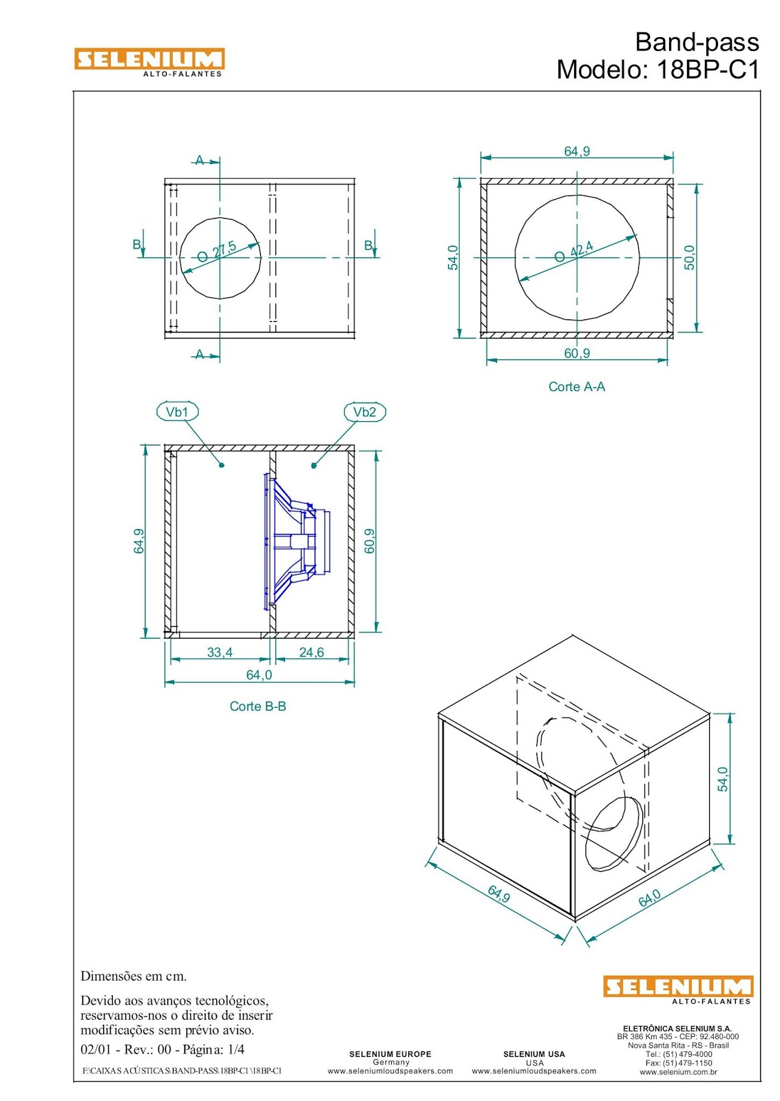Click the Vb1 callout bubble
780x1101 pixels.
click(178, 412)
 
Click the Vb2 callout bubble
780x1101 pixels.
click(364, 412)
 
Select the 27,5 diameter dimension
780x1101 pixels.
click(223, 249)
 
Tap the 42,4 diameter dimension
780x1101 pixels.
click(580, 249)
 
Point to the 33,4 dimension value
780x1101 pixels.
click(220, 652)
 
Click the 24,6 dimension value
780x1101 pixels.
click(311, 652)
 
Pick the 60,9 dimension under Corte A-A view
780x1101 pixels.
click(577, 353)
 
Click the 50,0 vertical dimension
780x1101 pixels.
click(690, 257)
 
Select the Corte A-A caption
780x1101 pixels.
click(576, 387)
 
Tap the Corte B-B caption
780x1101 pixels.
click(257, 706)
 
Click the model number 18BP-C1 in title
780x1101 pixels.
click(708, 70)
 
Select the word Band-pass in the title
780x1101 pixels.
click(697, 42)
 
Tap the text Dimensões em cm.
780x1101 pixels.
click(134, 976)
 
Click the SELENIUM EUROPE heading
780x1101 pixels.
click(390, 1054)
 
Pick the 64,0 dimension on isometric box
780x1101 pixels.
click(649, 897)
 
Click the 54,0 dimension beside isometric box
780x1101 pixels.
click(722, 779)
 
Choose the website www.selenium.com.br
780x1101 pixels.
click(678, 1071)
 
